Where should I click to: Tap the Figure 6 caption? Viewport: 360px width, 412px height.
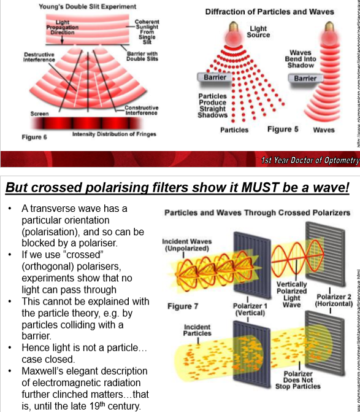click(x=35, y=136)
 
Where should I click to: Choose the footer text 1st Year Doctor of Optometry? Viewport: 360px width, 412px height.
click(x=309, y=160)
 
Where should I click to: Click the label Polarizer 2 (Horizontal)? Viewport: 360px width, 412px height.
click(x=334, y=299)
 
